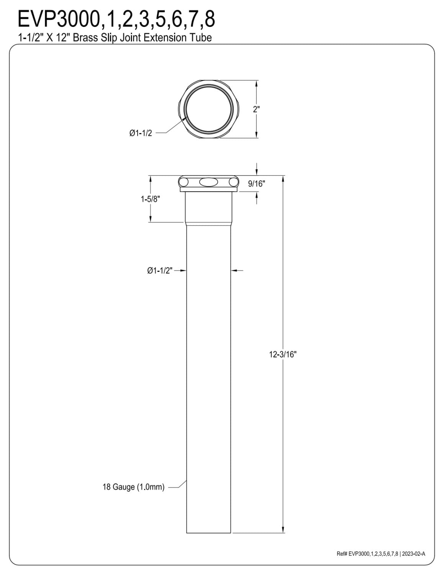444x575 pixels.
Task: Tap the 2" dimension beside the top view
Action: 256,109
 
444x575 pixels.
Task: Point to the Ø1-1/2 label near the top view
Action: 141,133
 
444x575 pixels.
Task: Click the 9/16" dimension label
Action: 256,184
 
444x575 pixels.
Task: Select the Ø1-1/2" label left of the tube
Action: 160,270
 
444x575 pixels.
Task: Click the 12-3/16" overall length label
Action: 283,354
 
